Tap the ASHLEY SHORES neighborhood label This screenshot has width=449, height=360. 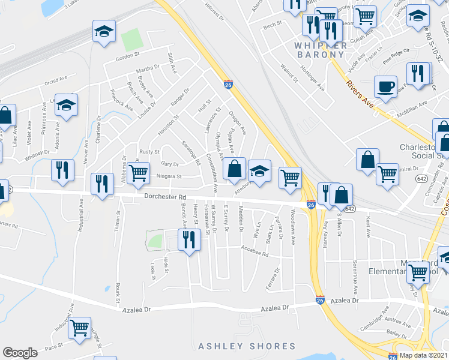247,346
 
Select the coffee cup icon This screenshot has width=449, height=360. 385,86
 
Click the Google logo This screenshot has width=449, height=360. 20,353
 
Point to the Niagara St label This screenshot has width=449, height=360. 169,177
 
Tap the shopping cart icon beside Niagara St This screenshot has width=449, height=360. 139,172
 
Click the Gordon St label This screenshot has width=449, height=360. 127,59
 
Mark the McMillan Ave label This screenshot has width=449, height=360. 414,104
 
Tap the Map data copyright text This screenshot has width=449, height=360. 423,355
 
